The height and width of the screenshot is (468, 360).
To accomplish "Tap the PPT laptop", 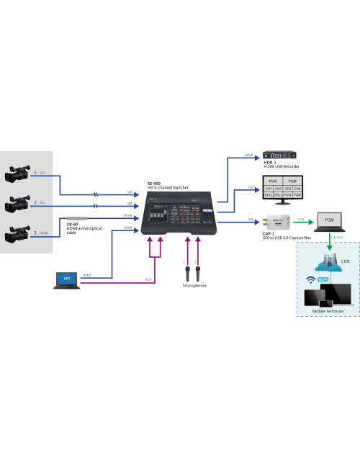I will pos(67,279).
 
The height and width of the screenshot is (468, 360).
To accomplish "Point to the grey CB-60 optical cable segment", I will pos(76,217).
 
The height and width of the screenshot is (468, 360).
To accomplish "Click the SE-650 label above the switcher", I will pos(154,183).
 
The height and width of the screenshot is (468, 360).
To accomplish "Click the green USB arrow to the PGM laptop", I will pos(302,220).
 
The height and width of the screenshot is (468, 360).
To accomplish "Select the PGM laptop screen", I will pos(330,219).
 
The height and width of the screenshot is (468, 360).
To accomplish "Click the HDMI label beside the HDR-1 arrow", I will pos(247,155).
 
